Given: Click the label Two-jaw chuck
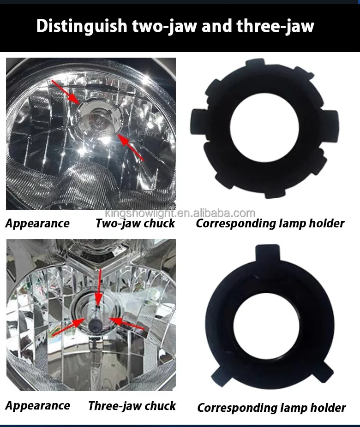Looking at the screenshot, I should coord(135,224).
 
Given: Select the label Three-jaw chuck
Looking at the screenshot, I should coord(132,406).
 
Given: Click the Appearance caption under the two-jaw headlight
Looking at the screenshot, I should coord(37,224).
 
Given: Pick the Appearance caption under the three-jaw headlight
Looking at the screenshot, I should coord(37,406).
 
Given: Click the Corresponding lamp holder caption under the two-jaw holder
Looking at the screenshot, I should coord(270,224).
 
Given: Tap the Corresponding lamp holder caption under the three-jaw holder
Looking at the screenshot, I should coord(271,408).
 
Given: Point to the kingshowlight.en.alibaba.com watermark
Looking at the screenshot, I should coord(180,213).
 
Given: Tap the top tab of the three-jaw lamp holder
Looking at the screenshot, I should coord(267,253).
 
